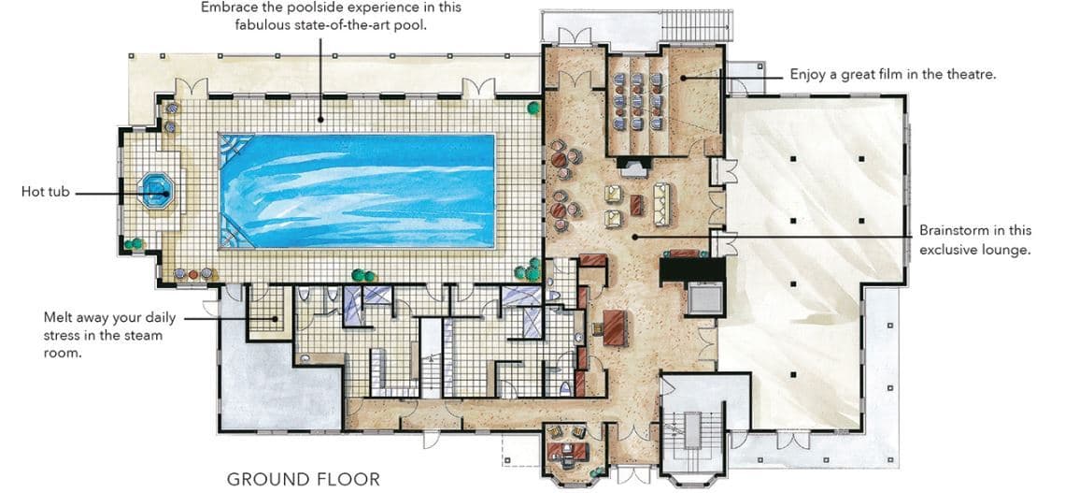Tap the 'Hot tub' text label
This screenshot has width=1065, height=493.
coord(45,192)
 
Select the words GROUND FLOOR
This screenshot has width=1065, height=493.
coord(304,479)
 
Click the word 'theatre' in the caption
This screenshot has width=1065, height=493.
coord(971,74)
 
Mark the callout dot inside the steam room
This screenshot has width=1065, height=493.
coord(274,318)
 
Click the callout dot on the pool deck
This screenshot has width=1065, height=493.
coord(319,119)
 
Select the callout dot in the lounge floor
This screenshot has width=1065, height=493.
coord(635,237)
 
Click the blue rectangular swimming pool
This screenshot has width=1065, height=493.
coord(357,191)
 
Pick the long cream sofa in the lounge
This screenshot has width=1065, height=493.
coord(661,204)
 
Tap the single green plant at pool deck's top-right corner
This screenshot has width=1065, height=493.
coord(533,108)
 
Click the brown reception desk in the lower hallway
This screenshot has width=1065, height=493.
coord(614,326)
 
